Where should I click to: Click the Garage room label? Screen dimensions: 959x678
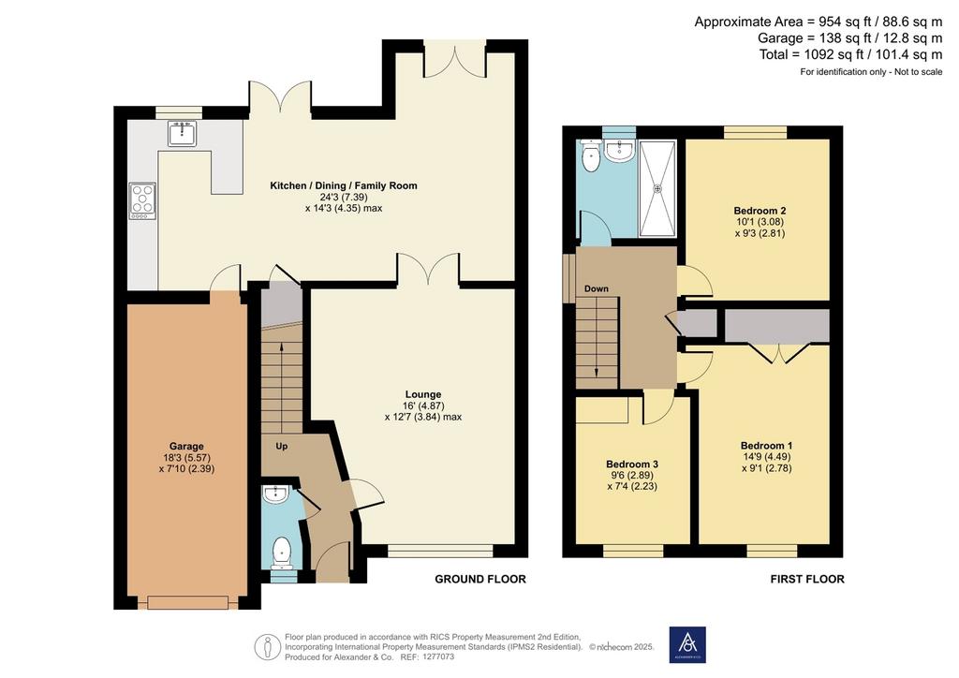(186, 447)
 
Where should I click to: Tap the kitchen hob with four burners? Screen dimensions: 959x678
(142, 201)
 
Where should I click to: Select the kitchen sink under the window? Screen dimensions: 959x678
(183, 133)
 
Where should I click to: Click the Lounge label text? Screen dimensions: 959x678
(422, 395)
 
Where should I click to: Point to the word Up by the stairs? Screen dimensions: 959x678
(281, 447)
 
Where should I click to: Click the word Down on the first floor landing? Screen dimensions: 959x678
(597, 288)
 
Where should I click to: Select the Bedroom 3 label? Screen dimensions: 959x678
(632, 464)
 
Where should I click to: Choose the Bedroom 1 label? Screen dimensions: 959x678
(766, 446)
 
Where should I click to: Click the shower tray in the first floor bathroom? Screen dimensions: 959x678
(658, 188)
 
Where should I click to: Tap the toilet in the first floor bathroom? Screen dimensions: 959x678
(591, 155)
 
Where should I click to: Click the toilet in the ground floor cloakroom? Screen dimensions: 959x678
(282, 552)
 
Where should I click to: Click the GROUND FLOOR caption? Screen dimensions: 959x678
(480, 579)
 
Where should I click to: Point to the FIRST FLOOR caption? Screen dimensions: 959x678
(807, 579)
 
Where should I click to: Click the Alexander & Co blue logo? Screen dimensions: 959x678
(687, 644)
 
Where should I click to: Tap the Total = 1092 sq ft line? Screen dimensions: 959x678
(850, 54)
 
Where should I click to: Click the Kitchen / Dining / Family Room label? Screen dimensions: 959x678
(344, 185)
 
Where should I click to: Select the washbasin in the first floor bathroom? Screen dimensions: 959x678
(620, 151)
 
